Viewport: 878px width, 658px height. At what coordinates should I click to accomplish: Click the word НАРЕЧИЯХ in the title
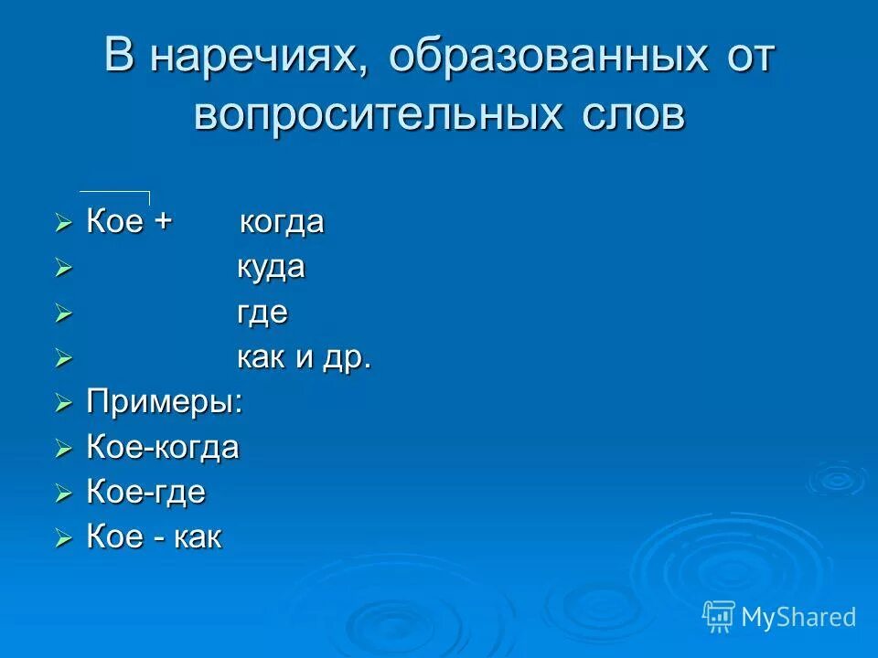251,58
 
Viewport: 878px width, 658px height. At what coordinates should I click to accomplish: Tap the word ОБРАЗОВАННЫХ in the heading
548,58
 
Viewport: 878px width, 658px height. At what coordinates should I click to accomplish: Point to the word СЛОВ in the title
632,116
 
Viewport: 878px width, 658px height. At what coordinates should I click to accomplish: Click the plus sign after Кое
164,223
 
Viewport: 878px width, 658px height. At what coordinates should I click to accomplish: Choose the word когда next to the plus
282,223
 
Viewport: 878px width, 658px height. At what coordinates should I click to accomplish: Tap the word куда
272,268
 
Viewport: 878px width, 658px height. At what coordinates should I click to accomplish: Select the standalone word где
262,313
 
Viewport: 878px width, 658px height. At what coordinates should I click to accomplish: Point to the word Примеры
165,402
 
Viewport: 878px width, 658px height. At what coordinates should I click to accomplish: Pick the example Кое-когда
163,448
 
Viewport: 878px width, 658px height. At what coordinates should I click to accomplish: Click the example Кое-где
146,493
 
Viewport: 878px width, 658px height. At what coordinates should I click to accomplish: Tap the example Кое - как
154,537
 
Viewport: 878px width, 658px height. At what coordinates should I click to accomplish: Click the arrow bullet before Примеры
62,403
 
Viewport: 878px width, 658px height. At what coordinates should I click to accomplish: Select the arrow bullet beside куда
62,269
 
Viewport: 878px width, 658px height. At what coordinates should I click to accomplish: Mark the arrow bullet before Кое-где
62,493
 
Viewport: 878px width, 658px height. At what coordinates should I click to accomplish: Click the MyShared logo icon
719,616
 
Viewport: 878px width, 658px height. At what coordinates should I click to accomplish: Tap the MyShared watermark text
798,617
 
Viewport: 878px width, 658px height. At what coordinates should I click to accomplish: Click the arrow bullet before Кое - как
62,538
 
